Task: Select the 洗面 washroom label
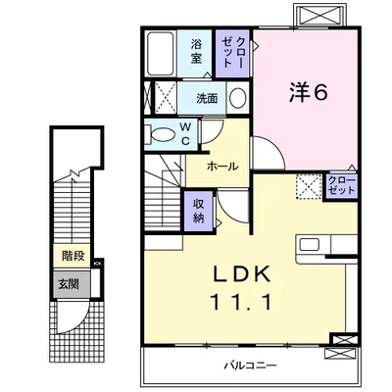tap(206, 98)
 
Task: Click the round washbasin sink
tap(238, 98)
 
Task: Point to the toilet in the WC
tap(161, 135)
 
